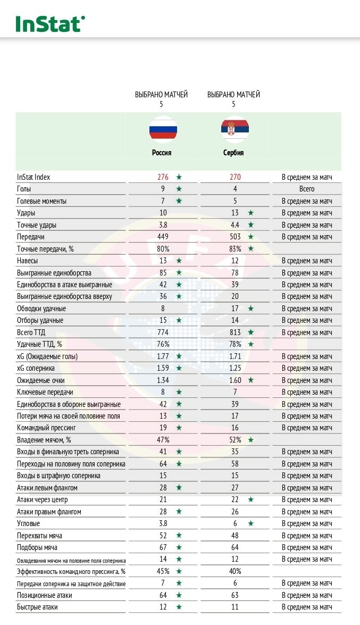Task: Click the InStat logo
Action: [50, 23]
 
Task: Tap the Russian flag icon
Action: [163, 129]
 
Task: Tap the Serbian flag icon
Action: [235, 129]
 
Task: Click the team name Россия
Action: [162, 153]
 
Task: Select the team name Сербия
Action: [233, 153]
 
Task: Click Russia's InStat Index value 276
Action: [162, 177]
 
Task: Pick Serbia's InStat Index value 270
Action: [235, 177]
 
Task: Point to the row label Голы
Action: [26, 189]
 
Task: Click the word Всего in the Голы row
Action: [307, 189]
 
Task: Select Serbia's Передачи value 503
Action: [235, 237]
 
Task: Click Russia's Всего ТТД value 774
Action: [163, 332]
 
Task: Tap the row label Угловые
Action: [29, 523]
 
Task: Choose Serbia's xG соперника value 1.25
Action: [235, 368]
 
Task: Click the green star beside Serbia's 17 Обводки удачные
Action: [251, 309]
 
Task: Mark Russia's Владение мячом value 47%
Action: [163, 440]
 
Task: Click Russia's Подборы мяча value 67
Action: [163, 547]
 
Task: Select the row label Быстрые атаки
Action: [37, 607]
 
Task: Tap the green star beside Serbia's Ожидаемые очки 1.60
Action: [251, 380]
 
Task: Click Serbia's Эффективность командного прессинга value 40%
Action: [235, 571]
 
